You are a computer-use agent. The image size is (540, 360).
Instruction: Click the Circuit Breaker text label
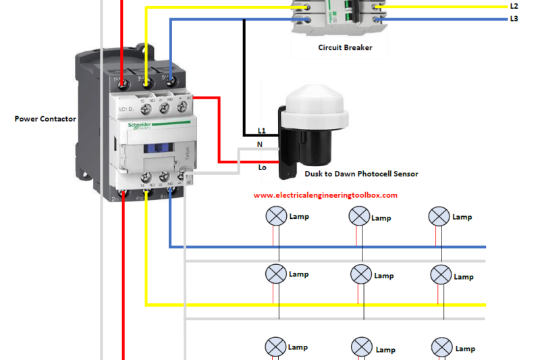[x=345, y=48]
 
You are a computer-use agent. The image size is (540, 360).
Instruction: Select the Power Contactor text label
[x=45, y=119]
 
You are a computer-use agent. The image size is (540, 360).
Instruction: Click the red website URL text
[x=325, y=195]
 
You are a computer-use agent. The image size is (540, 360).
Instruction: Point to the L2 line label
[x=514, y=6]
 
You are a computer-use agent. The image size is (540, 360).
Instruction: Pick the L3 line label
[x=514, y=19]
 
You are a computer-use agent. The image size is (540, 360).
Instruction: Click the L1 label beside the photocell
[x=262, y=130]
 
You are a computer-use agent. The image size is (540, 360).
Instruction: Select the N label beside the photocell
[x=260, y=145]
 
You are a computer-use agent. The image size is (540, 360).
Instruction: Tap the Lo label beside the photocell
[x=262, y=167]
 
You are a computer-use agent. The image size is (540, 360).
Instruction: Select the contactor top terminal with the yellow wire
[x=146, y=82]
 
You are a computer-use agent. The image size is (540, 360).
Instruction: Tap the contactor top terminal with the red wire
[x=122, y=82]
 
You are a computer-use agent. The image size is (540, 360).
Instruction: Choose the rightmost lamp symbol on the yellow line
[x=441, y=274]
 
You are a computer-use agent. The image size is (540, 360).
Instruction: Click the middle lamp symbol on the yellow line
[x=361, y=274]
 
